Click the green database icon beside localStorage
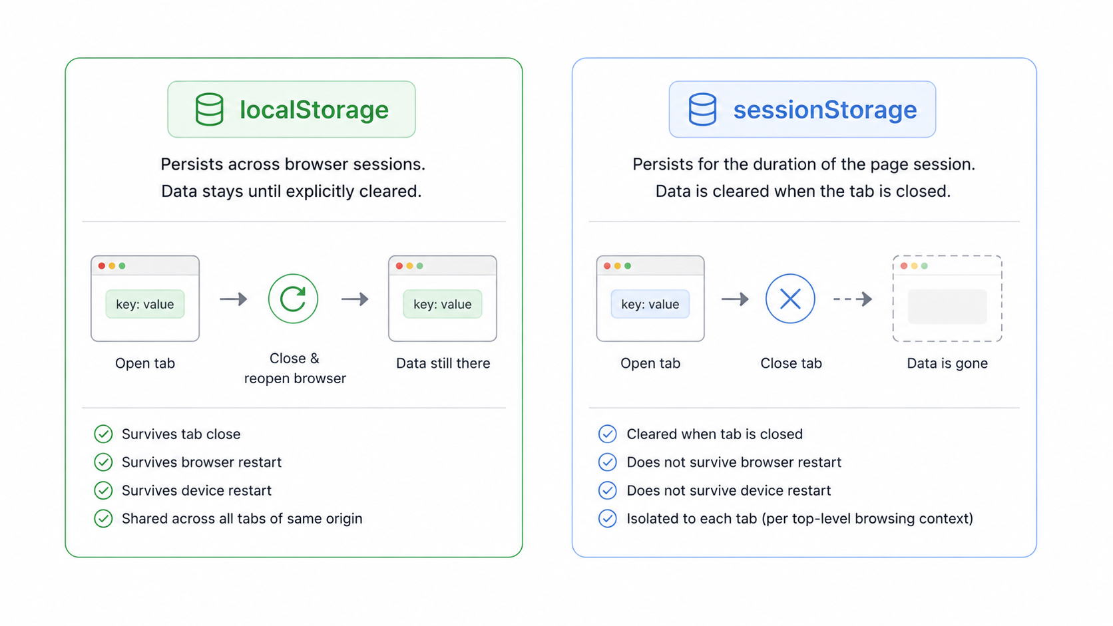pos(209,109)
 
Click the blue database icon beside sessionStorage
pos(702,109)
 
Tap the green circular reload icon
pos(293,299)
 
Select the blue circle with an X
pos(790,299)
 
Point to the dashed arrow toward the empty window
pos(853,299)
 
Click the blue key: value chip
pos(650,304)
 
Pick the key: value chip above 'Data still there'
pos(442,304)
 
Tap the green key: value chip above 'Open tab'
pos(145,304)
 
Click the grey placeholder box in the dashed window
pos(947,306)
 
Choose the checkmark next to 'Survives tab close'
pos(103,434)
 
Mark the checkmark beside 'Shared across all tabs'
pos(103,518)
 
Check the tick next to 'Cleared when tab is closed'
pos(607,434)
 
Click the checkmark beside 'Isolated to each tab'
pos(607,518)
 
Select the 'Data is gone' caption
pos(947,363)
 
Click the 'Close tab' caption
pos(791,363)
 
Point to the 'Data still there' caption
pos(443,363)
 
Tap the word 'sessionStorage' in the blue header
pos(825,110)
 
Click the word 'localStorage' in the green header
pos(314,110)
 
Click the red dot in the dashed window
pos(904,266)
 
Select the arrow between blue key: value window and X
pos(735,299)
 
